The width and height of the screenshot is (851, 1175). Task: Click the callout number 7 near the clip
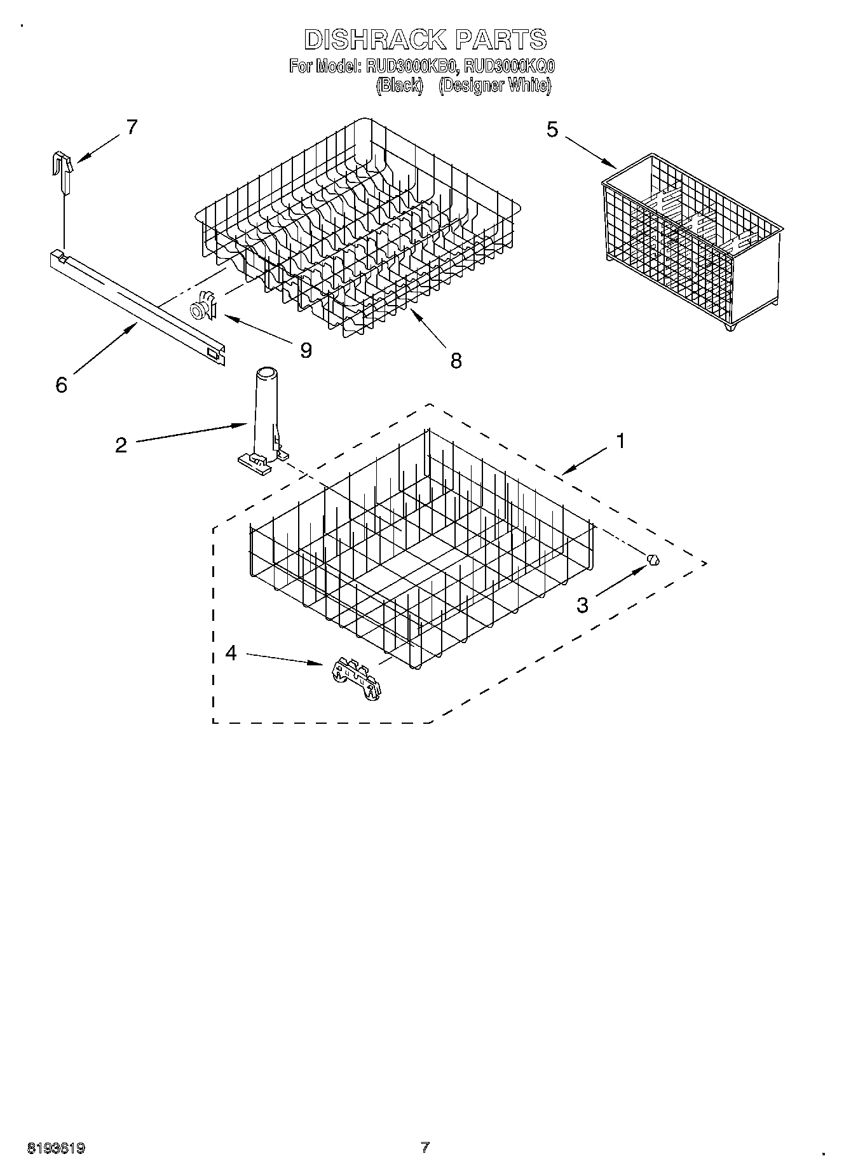(x=132, y=127)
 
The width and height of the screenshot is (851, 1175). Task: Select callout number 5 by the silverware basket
(x=552, y=130)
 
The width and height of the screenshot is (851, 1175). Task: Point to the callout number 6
(x=61, y=385)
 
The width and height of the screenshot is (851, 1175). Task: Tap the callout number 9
(x=306, y=350)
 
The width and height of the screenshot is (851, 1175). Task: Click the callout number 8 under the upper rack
(x=456, y=360)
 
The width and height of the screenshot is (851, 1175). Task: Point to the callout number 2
(x=121, y=445)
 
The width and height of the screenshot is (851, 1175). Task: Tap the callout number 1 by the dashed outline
(x=620, y=440)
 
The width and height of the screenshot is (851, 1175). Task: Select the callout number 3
(x=582, y=606)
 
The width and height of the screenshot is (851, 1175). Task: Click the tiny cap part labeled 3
(x=653, y=560)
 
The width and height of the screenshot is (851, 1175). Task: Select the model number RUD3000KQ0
(x=510, y=66)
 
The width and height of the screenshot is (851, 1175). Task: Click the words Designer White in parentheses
(x=494, y=86)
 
